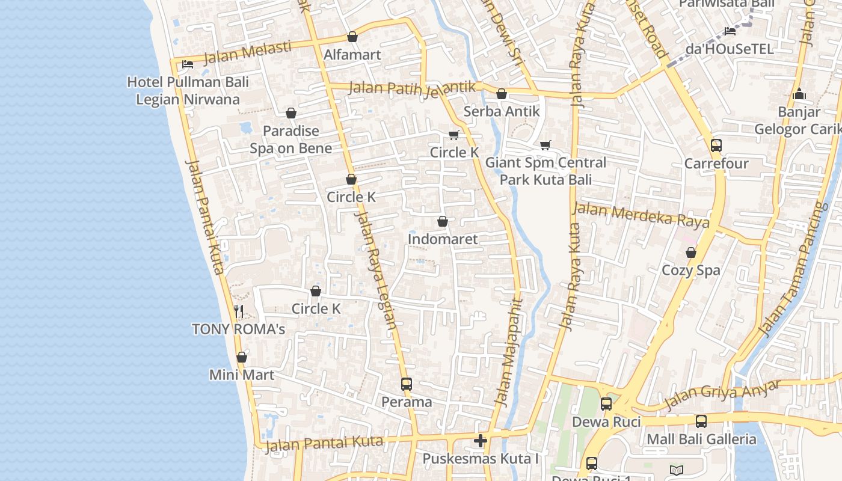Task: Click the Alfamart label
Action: click(352, 55)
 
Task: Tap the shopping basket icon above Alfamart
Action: click(352, 37)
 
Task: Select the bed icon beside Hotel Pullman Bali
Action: click(188, 64)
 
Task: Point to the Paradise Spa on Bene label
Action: click(291, 139)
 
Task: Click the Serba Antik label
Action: click(502, 111)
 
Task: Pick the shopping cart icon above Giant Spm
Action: click(545, 144)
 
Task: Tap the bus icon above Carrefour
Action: click(716, 145)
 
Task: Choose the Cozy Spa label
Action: click(690, 270)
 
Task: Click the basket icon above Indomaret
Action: click(443, 221)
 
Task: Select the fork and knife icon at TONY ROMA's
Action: click(239, 311)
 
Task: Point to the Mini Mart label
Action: click(242, 375)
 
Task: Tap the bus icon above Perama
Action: click(407, 384)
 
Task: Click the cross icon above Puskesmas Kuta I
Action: click(480, 441)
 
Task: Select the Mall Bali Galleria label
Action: click(701, 439)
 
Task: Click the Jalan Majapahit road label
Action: click(508, 352)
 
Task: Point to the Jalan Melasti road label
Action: click(248, 52)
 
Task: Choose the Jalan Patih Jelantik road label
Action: click(412, 88)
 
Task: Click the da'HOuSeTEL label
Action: click(730, 49)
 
